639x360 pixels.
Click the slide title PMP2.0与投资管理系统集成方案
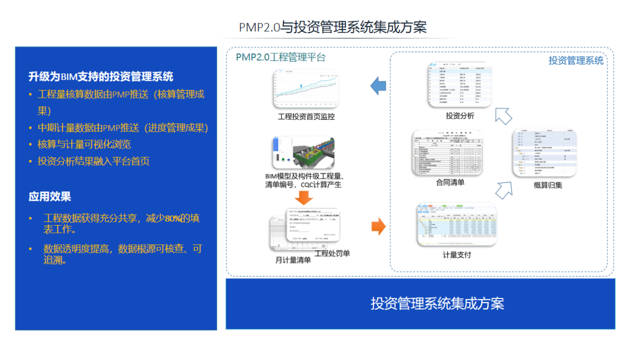(x=333, y=27)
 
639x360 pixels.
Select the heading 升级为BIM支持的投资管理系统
(x=101, y=76)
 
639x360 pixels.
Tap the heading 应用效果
(x=50, y=197)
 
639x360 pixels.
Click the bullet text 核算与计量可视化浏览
(x=85, y=144)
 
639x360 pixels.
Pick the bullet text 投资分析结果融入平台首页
(x=93, y=161)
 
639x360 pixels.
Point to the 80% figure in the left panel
(x=173, y=218)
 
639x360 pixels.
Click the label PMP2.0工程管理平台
(x=280, y=57)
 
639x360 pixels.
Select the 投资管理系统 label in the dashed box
(x=576, y=60)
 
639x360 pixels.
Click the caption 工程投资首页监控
(x=306, y=117)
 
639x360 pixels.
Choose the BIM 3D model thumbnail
(x=305, y=152)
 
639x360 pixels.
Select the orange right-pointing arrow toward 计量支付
(x=378, y=226)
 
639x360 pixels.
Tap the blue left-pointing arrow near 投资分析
(x=378, y=86)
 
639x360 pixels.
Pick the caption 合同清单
(x=450, y=183)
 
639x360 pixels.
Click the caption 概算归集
(x=548, y=185)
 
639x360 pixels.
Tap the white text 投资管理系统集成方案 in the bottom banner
(x=437, y=304)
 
